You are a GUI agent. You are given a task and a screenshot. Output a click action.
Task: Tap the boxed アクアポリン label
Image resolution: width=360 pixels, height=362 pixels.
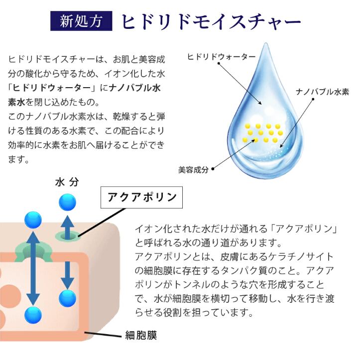click(142, 197)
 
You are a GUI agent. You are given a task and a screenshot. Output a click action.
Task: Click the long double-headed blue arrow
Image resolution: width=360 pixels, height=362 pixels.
click(33, 266)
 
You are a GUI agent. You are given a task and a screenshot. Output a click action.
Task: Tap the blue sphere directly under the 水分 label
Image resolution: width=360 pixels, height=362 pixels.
click(67, 202)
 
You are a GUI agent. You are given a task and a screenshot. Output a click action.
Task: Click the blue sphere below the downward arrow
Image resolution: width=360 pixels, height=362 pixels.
click(67, 298)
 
